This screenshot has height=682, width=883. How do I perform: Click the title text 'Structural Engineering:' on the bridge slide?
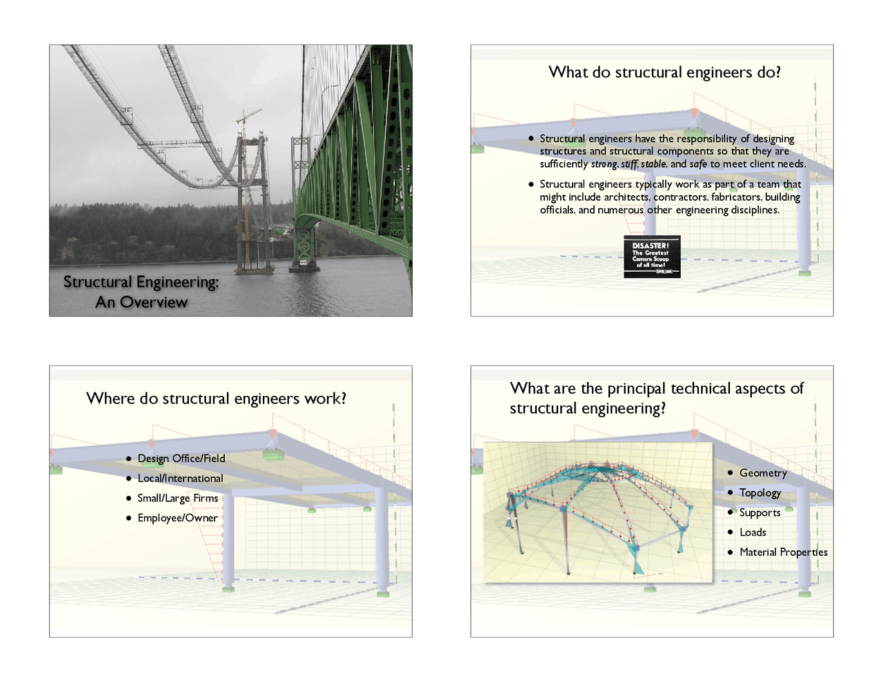tap(141, 282)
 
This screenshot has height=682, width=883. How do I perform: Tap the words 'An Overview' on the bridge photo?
tap(141, 302)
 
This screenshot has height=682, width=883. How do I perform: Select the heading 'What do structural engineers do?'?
tap(664, 72)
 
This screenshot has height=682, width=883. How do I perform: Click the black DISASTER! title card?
tap(652, 257)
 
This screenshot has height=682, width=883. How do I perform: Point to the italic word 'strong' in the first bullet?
tap(604, 164)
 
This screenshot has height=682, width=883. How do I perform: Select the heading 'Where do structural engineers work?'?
tap(216, 399)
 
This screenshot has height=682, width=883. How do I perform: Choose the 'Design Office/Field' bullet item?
tap(181, 459)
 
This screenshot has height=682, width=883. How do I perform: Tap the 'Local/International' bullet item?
tap(180, 479)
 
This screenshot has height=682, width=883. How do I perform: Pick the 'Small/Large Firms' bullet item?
tap(177, 499)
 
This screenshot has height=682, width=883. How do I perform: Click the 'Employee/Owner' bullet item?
tap(177, 518)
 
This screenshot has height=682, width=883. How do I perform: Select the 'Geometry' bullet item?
tap(763, 473)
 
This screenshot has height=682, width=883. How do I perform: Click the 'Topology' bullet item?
tap(760, 493)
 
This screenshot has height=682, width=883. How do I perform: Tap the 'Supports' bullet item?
tap(760, 513)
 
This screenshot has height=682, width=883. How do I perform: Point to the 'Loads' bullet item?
tap(753, 532)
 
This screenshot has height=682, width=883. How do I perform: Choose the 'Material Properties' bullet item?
tap(783, 552)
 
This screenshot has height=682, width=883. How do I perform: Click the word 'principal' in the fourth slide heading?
tap(636, 389)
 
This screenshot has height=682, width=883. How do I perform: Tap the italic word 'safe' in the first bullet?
tap(698, 164)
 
